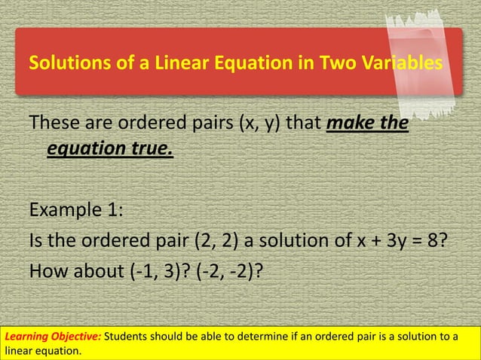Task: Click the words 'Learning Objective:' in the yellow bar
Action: (x=52, y=336)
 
